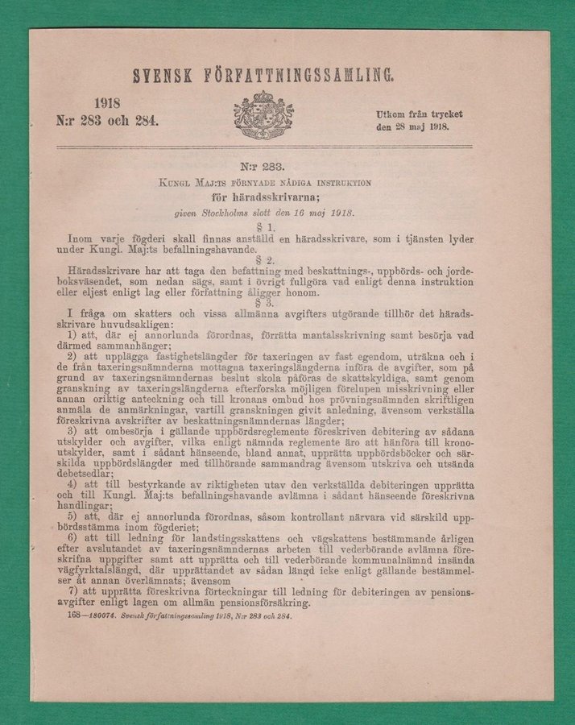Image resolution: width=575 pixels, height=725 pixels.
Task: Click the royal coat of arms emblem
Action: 263,114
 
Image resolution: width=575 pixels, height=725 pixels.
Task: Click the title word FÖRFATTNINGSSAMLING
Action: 302,77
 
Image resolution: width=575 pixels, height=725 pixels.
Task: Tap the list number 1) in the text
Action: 73,333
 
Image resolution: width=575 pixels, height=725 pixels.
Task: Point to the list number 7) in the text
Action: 73,590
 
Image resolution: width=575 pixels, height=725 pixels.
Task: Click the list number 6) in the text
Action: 73,537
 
